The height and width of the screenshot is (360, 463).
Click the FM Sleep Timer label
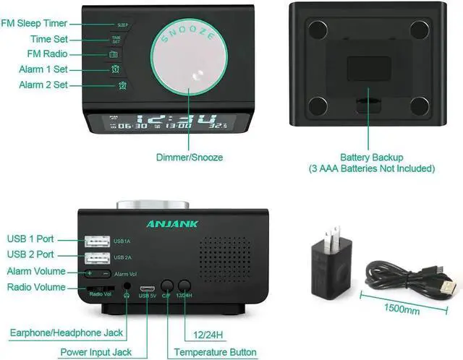[34, 23]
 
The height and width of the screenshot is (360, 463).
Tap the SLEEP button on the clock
[122, 25]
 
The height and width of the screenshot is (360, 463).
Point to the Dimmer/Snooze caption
[190, 157]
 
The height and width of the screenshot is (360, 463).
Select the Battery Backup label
[371, 157]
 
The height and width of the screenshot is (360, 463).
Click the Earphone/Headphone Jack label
[66, 333]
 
